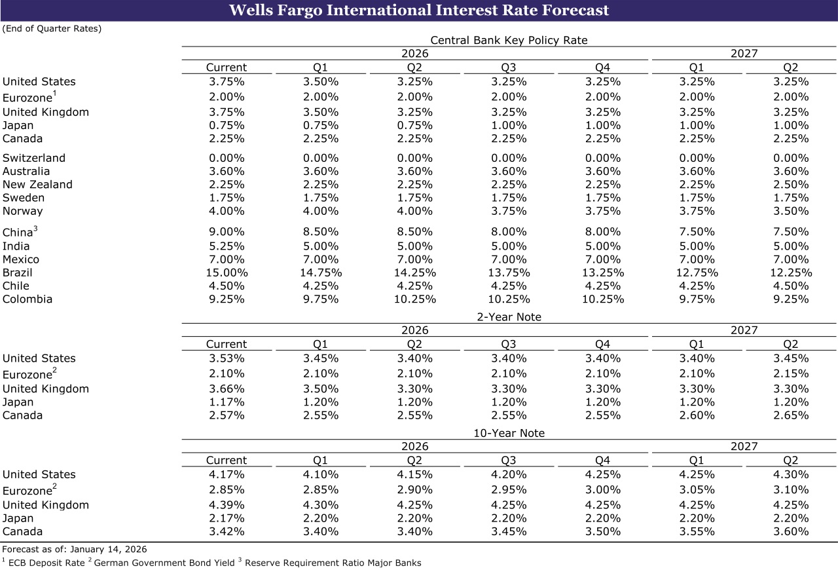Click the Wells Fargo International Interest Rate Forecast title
[419, 10]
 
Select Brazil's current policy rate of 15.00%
[227, 273]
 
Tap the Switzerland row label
[34, 158]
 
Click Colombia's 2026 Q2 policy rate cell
[414, 299]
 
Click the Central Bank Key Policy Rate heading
[509, 40]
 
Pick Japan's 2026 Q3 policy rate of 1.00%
[509, 125]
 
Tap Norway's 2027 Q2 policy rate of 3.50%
[791, 211]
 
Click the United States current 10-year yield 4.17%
[227, 474]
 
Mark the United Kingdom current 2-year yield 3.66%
[227, 388]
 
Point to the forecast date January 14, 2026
[106, 549]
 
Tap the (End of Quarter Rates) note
[52, 29]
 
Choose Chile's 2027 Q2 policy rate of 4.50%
[791, 286]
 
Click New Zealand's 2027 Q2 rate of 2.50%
[791, 185]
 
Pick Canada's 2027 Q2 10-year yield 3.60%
[791, 531]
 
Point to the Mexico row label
[21, 259]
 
